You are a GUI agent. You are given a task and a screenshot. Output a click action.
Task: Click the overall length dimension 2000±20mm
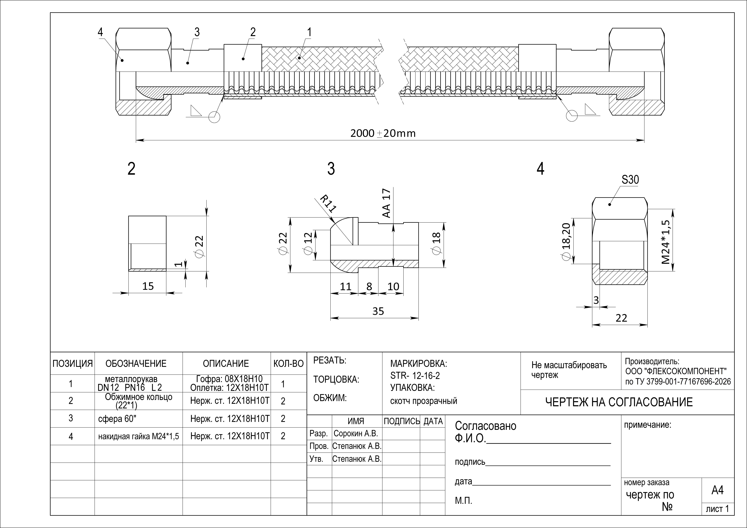click(x=383, y=133)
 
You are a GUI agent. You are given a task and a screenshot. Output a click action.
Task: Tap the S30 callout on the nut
click(x=630, y=180)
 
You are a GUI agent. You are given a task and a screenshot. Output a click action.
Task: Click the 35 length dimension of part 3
click(x=378, y=311)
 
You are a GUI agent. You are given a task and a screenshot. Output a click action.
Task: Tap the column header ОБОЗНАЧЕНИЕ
click(x=136, y=363)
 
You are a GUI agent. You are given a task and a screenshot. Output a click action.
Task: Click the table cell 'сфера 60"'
click(x=117, y=419)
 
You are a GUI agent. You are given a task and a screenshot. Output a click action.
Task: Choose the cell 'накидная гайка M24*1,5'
click(x=139, y=436)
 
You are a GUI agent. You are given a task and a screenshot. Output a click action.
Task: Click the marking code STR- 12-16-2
click(x=415, y=376)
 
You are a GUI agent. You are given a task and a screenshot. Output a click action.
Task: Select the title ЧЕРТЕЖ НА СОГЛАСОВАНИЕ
click(x=619, y=402)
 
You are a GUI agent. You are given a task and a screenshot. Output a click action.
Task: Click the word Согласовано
click(x=485, y=426)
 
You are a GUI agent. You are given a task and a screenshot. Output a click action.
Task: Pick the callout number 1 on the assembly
click(x=309, y=32)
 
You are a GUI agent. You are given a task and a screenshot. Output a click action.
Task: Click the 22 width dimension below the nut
click(x=621, y=318)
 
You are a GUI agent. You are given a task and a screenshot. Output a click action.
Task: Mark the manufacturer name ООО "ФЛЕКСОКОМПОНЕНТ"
click(x=676, y=371)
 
